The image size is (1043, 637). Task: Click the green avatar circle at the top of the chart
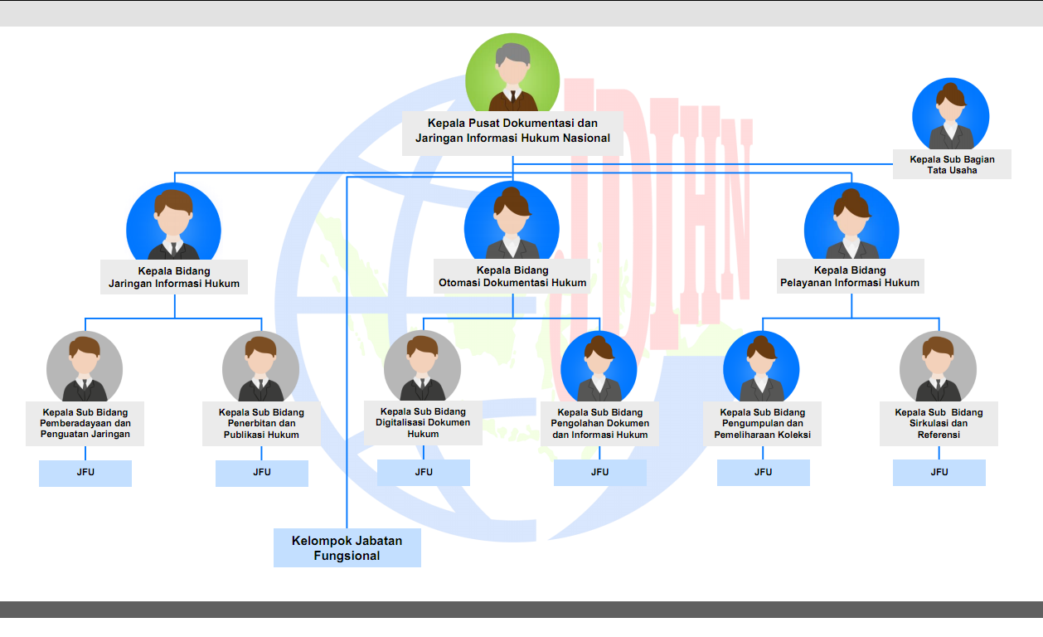click(512, 72)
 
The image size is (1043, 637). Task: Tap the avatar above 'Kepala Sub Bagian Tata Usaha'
click(950, 114)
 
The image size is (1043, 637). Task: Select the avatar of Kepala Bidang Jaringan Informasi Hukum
click(173, 221)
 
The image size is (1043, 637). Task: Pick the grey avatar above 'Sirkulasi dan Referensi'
click(938, 366)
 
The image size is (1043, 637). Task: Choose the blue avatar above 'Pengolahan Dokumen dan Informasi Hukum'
click(599, 366)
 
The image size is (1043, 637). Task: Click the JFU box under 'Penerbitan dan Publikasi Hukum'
click(262, 473)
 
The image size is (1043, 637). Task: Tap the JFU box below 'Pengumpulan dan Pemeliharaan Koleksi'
click(763, 473)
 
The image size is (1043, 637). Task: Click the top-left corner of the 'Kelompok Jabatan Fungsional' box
click(274, 528)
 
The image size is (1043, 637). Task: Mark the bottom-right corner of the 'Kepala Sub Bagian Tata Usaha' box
click(1011, 179)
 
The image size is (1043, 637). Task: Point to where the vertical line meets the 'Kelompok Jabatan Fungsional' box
click(347, 528)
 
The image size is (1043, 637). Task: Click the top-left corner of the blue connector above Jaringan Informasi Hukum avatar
click(175, 173)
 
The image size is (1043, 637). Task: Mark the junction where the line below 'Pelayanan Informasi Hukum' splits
click(851, 318)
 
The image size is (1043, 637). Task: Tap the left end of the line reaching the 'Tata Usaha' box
click(512, 164)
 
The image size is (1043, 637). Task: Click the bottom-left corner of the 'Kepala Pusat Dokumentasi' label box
click(402, 155)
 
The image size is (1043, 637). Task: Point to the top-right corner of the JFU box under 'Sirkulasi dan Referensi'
click(985, 460)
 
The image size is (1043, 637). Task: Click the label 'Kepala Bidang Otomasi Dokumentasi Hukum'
click(512, 276)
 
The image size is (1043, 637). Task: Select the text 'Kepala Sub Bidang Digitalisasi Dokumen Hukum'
click(423, 422)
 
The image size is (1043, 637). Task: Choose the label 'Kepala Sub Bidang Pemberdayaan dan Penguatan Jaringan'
click(85, 423)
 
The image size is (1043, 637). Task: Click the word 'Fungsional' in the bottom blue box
click(347, 556)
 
